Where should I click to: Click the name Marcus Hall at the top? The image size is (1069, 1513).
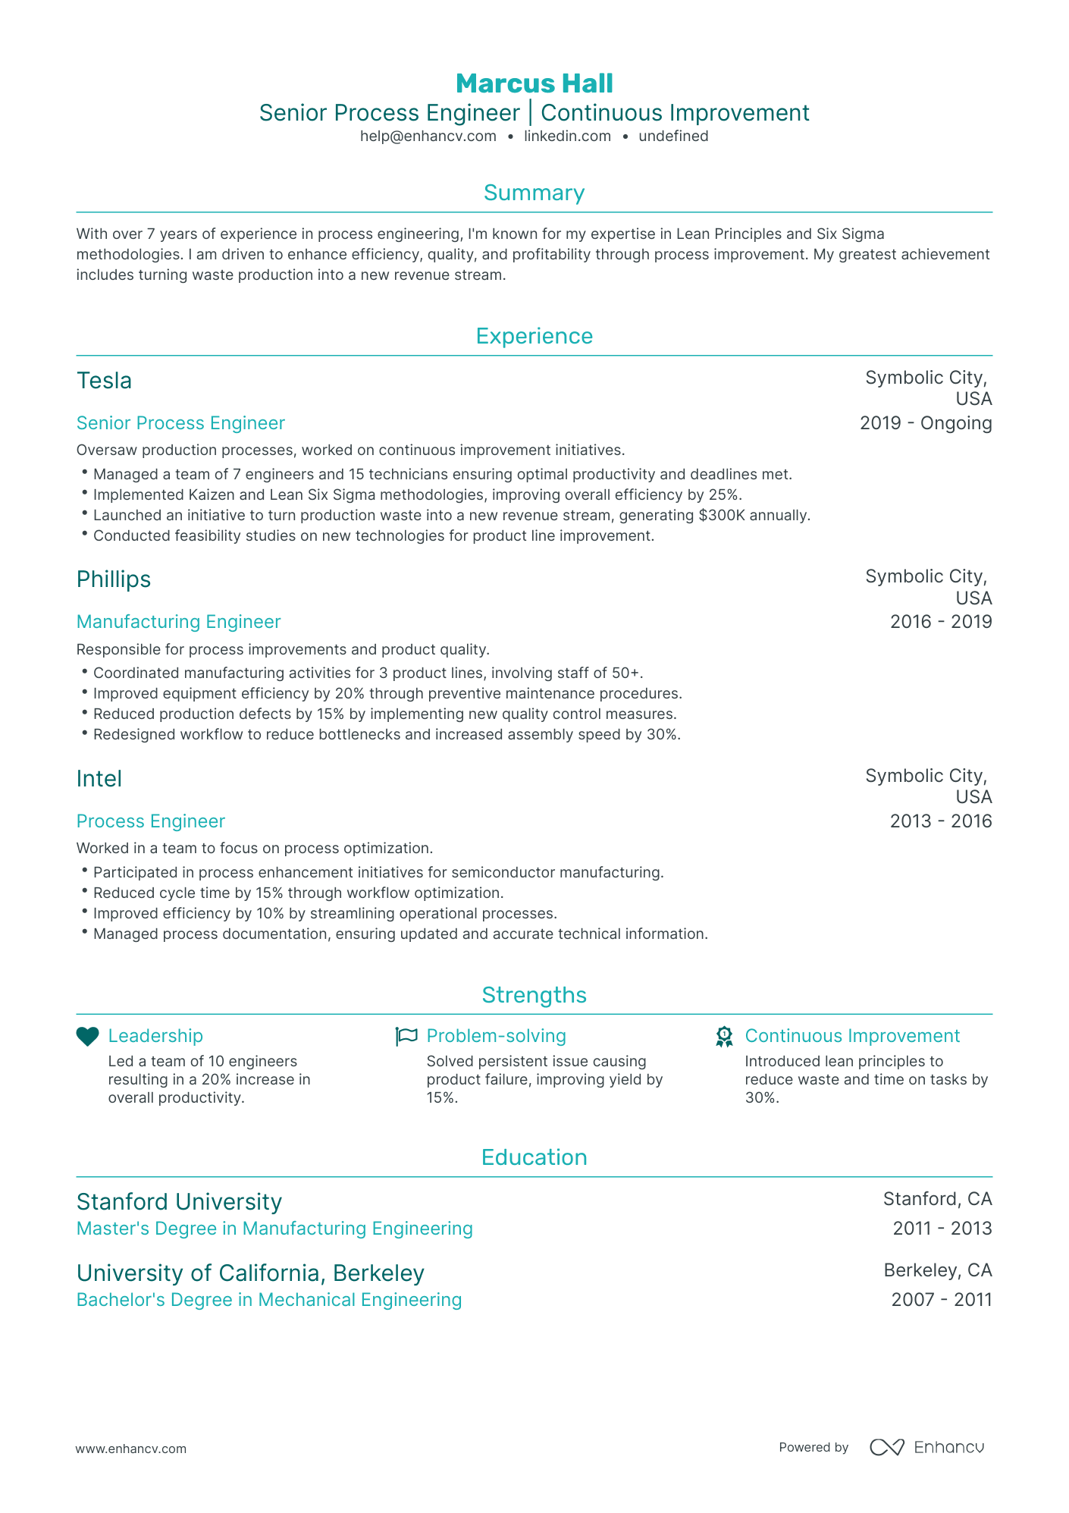[x=534, y=83]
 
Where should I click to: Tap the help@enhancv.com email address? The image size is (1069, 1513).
[x=428, y=137]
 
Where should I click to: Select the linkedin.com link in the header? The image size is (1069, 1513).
[x=567, y=137]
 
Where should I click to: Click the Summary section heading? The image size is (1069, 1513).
[x=534, y=193]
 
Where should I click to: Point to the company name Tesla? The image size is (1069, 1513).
[x=104, y=381]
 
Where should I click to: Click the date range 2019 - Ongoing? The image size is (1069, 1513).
[x=925, y=423]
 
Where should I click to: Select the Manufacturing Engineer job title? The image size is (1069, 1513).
[x=178, y=622]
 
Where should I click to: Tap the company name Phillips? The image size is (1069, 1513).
[x=114, y=579]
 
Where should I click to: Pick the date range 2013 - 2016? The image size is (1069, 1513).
[x=940, y=821]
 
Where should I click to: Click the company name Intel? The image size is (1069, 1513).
[x=99, y=779]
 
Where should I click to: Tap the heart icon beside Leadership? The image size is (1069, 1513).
[x=88, y=1037]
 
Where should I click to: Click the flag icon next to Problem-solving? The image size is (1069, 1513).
[x=406, y=1037]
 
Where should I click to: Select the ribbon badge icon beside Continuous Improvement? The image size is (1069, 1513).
[x=724, y=1037]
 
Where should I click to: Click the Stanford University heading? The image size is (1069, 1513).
[x=179, y=1202]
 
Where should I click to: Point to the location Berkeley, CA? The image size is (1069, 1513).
[x=937, y=1270]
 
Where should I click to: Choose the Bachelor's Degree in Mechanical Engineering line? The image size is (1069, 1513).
[x=269, y=1300]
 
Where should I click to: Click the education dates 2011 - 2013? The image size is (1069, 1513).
[x=942, y=1229]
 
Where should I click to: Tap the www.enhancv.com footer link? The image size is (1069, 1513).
[x=130, y=1449]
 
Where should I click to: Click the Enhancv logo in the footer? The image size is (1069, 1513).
[x=926, y=1447]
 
